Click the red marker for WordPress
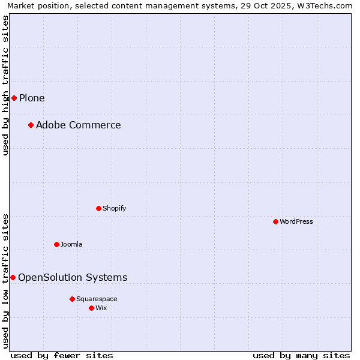[x=275, y=221]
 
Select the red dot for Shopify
[x=98, y=208]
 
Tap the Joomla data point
[x=56, y=244]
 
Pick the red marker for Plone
[x=14, y=98]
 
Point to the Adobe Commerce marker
[x=31, y=125]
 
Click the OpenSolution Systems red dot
[x=13, y=277]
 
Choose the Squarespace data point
[x=72, y=299]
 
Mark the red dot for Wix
[x=91, y=308]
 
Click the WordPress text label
[x=296, y=221]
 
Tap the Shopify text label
[x=114, y=208]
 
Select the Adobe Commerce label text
[x=78, y=125]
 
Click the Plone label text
[x=32, y=98]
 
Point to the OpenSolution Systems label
[x=73, y=277]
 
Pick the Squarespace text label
[x=97, y=299]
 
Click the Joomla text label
[x=71, y=244]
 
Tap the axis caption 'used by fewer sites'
[x=62, y=355]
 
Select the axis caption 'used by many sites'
[x=301, y=355]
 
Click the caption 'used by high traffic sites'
[x=5, y=85]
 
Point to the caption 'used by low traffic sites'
[x=5, y=281]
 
